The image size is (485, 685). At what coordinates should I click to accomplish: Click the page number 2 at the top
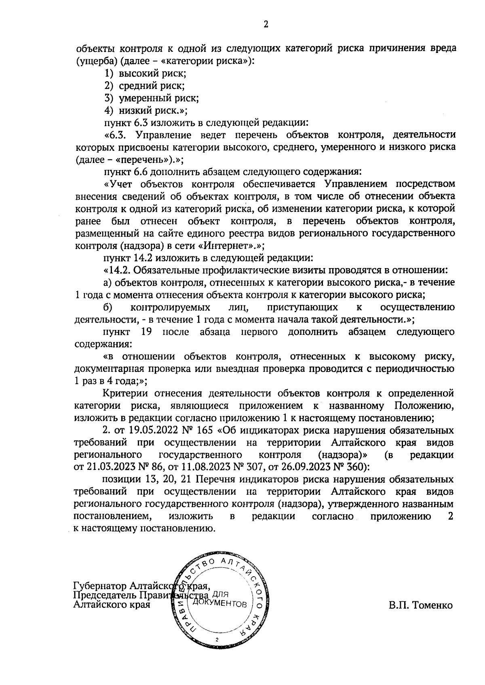pyautogui.click(x=266, y=25)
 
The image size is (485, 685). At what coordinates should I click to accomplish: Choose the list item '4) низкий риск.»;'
pyautogui.click(x=146, y=110)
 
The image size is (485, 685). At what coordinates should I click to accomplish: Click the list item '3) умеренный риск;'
pyautogui.click(x=151, y=98)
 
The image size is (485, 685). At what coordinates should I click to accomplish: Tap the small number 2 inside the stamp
pyautogui.click(x=217, y=640)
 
